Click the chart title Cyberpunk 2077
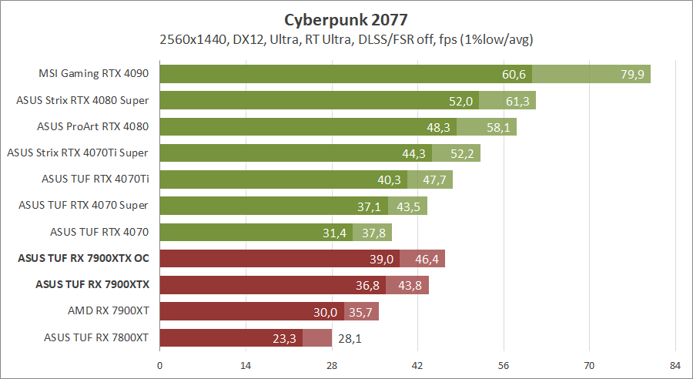(x=346, y=19)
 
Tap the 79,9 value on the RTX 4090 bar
(x=632, y=74)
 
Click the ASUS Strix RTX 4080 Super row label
(x=82, y=100)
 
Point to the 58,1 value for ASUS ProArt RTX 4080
(x=497, y=127)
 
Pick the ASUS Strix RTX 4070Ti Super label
(x=77, y=153)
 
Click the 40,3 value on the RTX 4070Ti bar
(x=390, y=179)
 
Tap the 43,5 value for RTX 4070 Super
(x=409, y=206)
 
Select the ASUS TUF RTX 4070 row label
(x=99, y=232)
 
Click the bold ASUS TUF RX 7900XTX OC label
(x=82, y=258)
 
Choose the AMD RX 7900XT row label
(x=108, y=311)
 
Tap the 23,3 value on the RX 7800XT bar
(x=284, y=337)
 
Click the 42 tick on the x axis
(x=417, y=365)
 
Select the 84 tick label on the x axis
(x=675, y=365)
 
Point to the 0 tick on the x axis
(x=160, y=365)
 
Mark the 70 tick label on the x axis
(x=589, y=365)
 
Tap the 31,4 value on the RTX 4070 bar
(x=335, y=232)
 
